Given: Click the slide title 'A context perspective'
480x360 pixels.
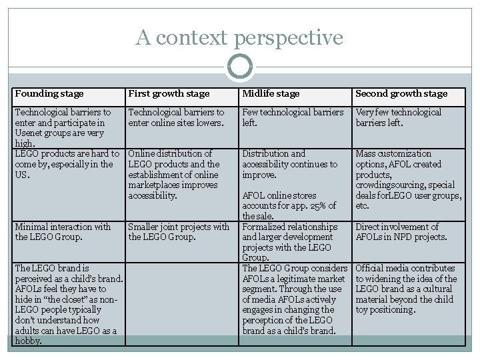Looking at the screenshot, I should tap(240, 37).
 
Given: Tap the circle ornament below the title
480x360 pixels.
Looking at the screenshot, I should tap(240, 67).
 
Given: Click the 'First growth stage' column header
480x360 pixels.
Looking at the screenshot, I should tap(169, 94).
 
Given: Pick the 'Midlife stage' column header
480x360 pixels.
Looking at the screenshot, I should tap(271, 94).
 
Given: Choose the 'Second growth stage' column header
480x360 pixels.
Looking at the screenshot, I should tap(401, 94).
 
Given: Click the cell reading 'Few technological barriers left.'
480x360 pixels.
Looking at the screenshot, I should tap(293, 117).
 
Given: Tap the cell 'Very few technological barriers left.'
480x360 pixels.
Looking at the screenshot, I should tap(398, 117).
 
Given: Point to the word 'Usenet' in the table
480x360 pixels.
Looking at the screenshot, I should tap(29, 133).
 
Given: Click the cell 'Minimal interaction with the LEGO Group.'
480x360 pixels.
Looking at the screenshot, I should tap(63, 231).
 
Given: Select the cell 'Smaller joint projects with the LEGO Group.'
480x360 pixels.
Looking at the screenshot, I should tap(178, 231).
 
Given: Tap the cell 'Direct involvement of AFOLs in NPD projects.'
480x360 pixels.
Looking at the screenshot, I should tap(402, 231).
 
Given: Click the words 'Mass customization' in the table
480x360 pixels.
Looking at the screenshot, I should tap(393, 154).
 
